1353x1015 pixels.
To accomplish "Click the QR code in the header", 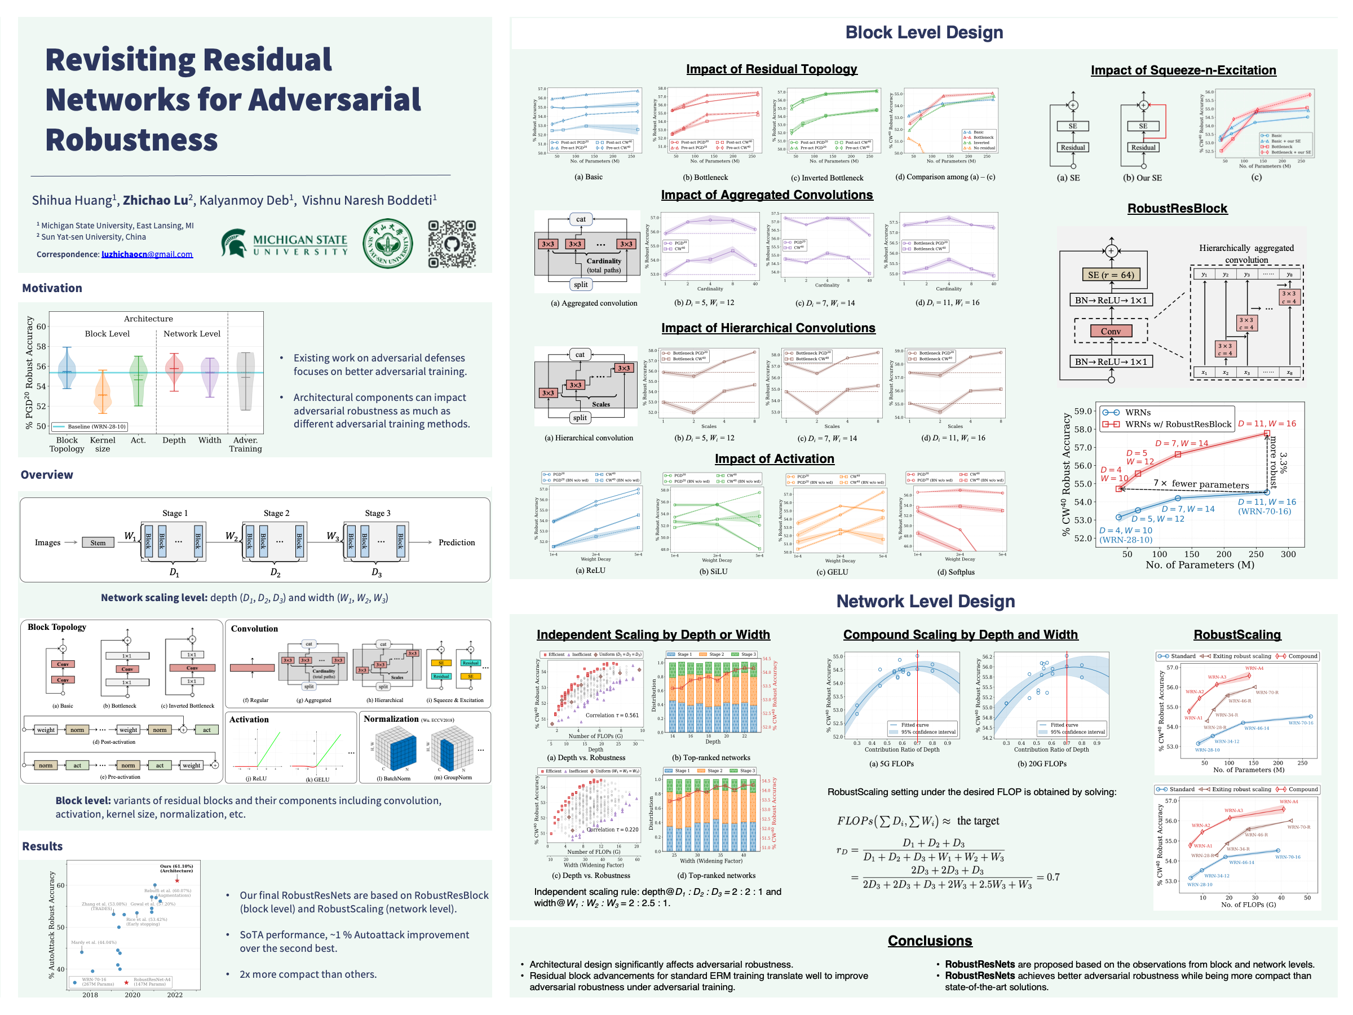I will pos(452,244).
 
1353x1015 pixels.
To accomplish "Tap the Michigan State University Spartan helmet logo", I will pos(235,243).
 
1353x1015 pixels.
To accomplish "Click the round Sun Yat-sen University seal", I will pos(387,244).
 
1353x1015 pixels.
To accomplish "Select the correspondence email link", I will pos(147,254).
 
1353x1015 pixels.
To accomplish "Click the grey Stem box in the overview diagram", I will pos(98,542).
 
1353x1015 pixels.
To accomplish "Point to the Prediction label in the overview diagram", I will pos(456,542).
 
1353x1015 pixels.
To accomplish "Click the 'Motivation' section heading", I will pos(52,288).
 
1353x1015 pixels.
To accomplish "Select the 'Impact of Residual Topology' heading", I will pos(771,69).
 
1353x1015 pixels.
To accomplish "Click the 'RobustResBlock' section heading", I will pos(1177,209).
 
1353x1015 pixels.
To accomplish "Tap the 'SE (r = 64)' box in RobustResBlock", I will pos(1111,275).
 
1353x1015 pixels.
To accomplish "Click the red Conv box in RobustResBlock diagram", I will pos(1111,331).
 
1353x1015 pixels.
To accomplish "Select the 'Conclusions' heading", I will pos(930,941).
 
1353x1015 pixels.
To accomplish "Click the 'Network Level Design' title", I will pos(926,602).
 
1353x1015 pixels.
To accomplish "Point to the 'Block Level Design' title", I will pos(923,33).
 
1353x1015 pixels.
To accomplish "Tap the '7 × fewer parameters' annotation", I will pos(1201,484).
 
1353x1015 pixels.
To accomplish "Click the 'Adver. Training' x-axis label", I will pos(245,444).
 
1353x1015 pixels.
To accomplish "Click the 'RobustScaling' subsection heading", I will pos(1237,634).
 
